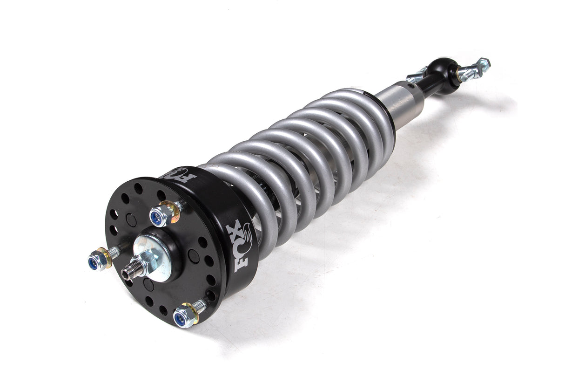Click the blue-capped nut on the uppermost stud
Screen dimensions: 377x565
(x=159, y=216)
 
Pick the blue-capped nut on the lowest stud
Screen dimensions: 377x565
(x=182, y=318)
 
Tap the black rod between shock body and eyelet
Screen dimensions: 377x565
(x=429, y=84)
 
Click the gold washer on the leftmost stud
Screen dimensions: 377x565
(x=106, y=257)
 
